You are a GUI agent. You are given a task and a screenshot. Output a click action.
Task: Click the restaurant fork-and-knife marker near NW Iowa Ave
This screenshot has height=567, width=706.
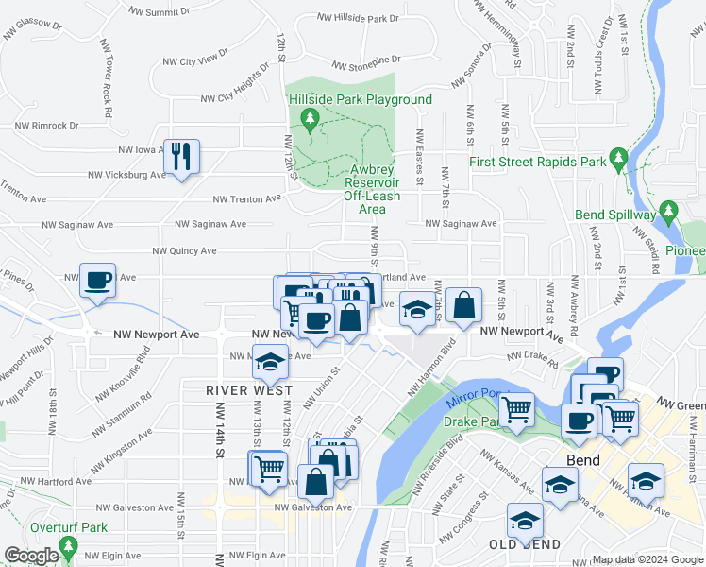[181, 157]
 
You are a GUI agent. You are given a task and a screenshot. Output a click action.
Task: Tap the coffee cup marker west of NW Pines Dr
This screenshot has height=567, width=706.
[97, 281]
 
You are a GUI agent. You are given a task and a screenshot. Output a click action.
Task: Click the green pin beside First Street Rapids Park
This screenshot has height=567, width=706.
[618, 156]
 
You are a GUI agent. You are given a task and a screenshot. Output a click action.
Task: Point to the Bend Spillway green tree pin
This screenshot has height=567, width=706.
[668, 209]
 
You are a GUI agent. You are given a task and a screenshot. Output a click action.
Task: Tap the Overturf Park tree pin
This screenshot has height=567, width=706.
[67, 546]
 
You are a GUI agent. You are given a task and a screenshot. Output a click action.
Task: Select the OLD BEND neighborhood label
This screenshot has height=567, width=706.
[524, 545]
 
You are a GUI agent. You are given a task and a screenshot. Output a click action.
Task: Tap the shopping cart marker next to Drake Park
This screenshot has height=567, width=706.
[516, 410]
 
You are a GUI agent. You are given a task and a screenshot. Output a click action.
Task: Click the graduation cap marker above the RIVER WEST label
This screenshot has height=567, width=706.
[270, 361]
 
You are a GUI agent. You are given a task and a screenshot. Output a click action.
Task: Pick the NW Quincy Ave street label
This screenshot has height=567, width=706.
[185, 251]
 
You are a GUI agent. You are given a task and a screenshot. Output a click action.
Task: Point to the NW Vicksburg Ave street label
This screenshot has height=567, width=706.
[126, 175]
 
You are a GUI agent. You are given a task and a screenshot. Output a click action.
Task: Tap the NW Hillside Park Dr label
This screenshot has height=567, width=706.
[359, 18]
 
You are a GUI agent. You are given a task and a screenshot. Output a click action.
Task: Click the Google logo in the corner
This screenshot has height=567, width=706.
[30, 556]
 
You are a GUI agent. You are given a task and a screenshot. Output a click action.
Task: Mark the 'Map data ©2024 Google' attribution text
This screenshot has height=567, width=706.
[647, 559]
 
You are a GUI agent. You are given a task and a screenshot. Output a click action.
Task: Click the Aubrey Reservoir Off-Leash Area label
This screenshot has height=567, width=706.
[371, 189]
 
